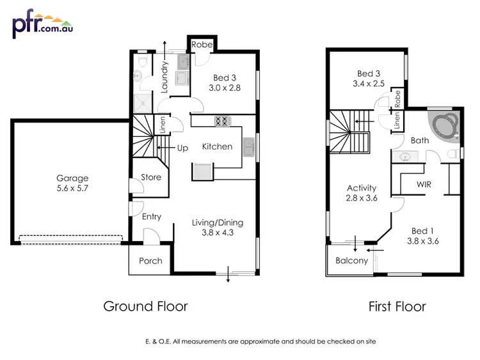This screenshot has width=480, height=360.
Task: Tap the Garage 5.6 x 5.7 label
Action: click(x=72, y=184)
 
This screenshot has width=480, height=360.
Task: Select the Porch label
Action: click(x=151, y=261)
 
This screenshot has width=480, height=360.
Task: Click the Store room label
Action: click(x=152, y=177)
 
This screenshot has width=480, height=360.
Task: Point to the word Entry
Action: click(x=152, y=217)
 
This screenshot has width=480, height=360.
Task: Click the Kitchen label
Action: click(x=217, y=146)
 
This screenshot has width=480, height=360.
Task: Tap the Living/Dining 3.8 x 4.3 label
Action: click(x=218, y=228)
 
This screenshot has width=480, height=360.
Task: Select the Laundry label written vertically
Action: click(x=165, y=77)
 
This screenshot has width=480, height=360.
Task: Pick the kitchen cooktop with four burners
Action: click(x=222, y=120)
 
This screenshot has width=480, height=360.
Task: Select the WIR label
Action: click(x=424, y=184)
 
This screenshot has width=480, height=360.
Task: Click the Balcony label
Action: click(x=351, y=260)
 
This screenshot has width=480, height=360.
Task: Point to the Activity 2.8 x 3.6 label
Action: click(x=362, y=194)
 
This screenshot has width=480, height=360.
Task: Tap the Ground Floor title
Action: click(x=146, y=306)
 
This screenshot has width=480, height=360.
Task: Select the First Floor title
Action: click(x=397, y=306)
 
